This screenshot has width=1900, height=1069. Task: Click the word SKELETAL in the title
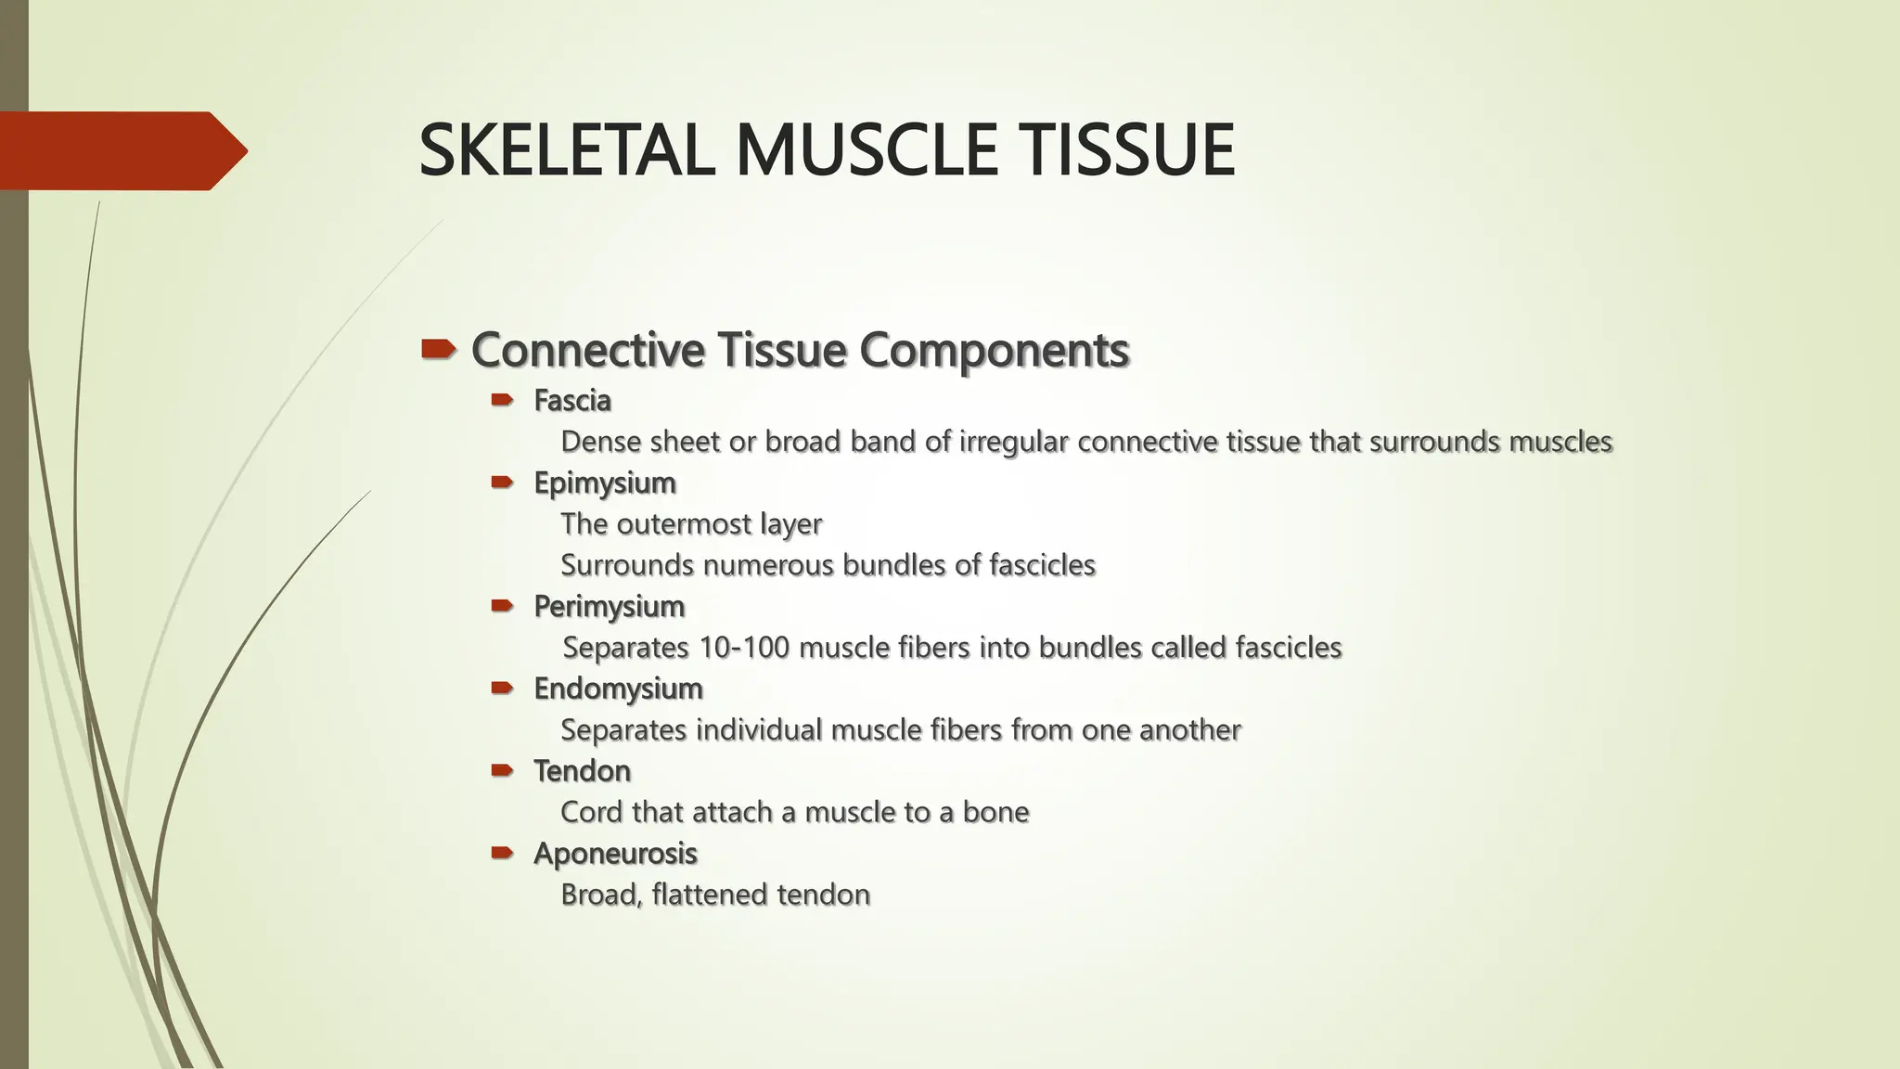click(x=567, y=150)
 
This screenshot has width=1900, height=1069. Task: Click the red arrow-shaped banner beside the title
click(x=121, y=150)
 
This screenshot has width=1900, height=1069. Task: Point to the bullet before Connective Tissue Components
click(x=438, y=350)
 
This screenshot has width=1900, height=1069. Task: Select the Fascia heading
click(x=571, y=401)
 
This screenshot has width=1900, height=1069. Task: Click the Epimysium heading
click(x=604, y=483)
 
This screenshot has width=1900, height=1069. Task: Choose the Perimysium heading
click(x=609, y=607)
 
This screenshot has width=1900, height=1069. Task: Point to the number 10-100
click(x=743, y=648)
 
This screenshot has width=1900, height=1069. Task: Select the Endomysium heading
click(x=618, y=689)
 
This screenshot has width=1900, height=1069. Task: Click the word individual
click(x=759, y=730)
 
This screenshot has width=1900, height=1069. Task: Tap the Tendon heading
click(x=582, y=771)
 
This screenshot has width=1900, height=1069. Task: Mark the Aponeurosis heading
click(x=615, y=854)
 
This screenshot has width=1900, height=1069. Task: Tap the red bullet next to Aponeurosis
click(x=502, y=852)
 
